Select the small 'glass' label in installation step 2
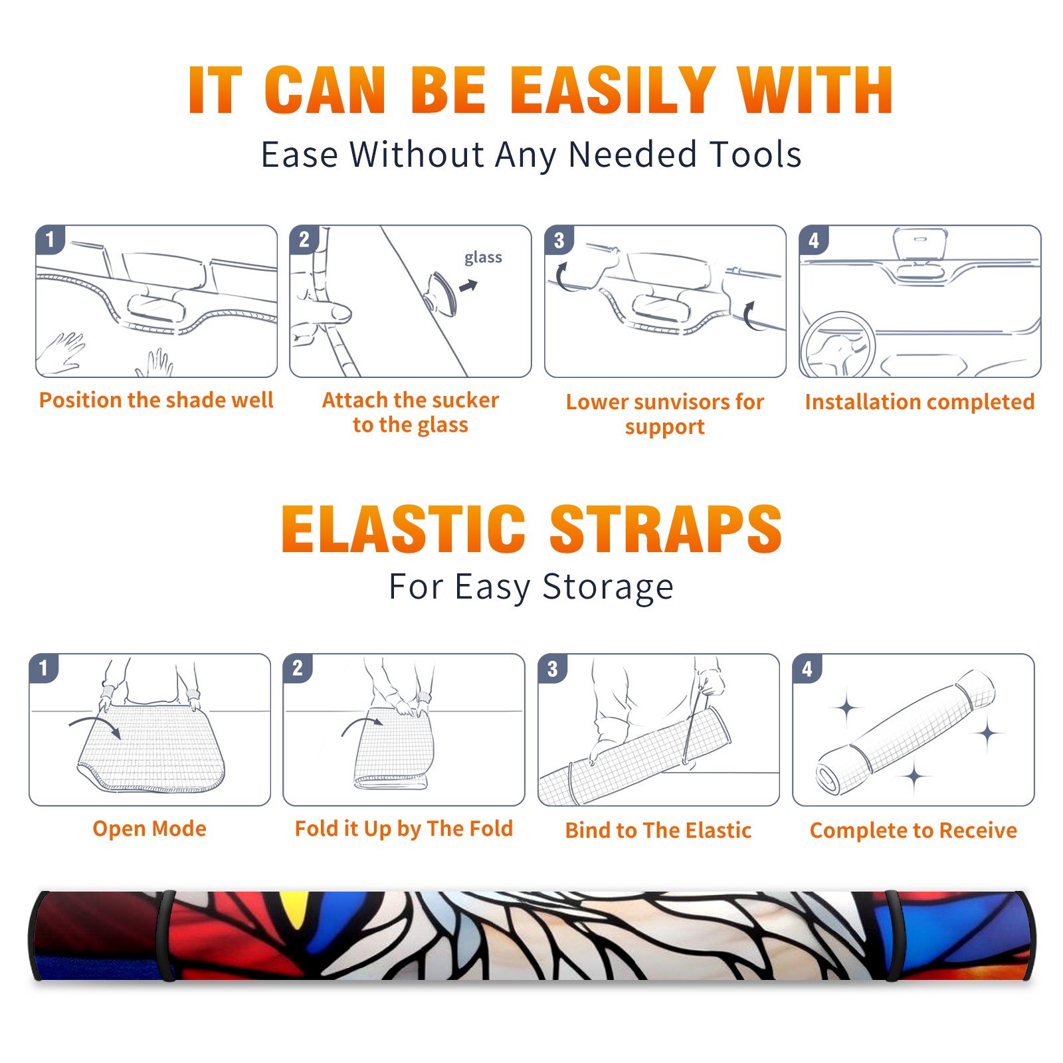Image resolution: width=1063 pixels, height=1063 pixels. pos(483,258)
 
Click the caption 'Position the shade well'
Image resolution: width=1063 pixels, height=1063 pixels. pos(156,400)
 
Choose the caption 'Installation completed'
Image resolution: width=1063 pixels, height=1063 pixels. pos(919,401)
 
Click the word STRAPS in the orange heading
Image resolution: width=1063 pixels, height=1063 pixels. pos(666,529)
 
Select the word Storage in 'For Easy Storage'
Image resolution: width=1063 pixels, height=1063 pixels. pos(608,587)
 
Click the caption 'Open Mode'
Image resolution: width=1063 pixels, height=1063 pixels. pos(149,828)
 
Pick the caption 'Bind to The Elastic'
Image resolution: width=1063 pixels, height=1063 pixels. pos(658,830)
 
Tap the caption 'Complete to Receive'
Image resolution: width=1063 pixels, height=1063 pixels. pos(914,830)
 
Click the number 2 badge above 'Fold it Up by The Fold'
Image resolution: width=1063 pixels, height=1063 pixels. pos(298,668)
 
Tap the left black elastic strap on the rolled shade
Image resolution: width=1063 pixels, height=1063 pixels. pos(167,936)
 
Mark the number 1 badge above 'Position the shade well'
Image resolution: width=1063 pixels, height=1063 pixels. pos(50,240)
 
